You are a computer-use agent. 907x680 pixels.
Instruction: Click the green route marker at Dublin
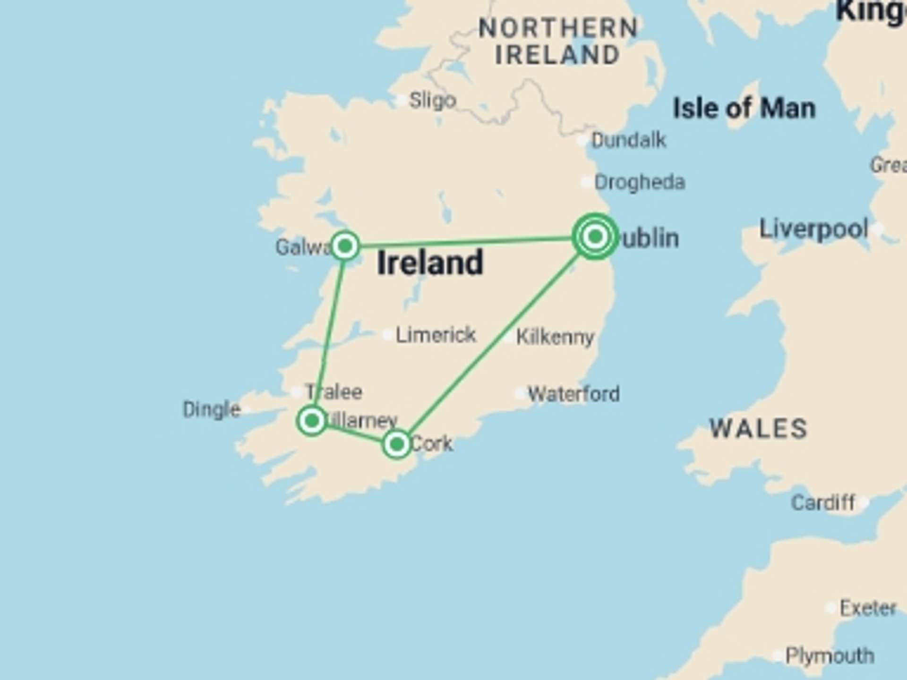click(595, 236)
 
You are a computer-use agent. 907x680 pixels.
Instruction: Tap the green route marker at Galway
click(345, 246)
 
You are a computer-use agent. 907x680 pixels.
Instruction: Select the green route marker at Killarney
click(312, 420)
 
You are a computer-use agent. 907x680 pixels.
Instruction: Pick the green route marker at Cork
click(396, 444)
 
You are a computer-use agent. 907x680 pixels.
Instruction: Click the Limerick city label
click(435, 335)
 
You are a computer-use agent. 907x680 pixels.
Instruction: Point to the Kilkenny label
click(555, 337)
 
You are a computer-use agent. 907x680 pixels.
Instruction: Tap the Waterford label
click(573, 394)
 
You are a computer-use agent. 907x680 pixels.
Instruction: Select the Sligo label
click(432, 100)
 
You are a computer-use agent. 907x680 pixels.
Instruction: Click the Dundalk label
click(628, 140)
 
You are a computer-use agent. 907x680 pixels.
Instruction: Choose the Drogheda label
click(639, 182)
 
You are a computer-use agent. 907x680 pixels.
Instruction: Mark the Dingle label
click(212, 409)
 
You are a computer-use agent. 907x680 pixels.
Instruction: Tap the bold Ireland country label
click(430, 263)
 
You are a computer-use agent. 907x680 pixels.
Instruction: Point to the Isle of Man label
click(744, 109)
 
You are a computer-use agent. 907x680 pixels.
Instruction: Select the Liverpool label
click(813, 229)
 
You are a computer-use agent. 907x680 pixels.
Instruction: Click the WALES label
click(759, 429)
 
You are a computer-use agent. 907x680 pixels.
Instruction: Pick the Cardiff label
click(823, 502)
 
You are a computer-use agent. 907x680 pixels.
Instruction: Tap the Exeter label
click(868, 608)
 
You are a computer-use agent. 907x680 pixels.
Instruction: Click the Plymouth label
click(830, 656)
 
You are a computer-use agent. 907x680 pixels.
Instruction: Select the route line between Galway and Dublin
click(468, 241)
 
